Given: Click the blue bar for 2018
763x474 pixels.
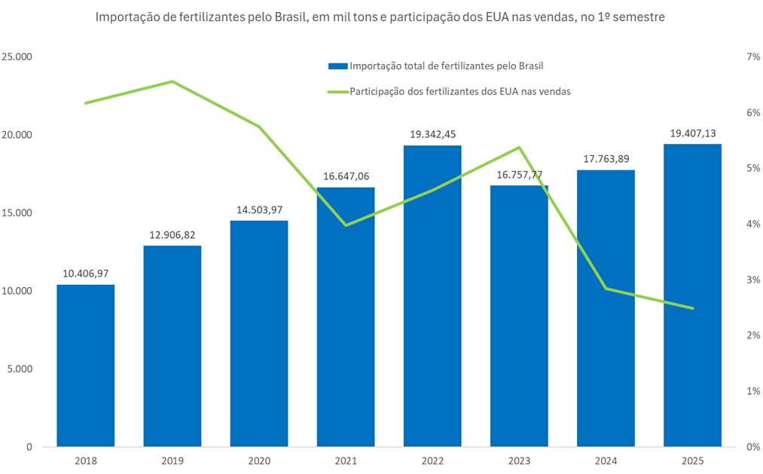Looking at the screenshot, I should coord(85,365).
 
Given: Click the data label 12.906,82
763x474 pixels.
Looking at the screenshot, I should coord(172,235).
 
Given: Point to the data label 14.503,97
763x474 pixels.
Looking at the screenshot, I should coord(258,210).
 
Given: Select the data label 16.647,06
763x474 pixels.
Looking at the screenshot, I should coord(345,176).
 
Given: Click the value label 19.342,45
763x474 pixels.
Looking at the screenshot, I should coord(432,135).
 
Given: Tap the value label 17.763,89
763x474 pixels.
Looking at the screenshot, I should coord(605,159).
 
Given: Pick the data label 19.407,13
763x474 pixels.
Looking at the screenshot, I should coord(691,134).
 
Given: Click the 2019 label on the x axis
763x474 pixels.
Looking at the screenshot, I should coord(172,460).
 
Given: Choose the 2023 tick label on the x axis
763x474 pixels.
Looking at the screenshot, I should coord(518,460).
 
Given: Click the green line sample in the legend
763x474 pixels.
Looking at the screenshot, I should coord(337,91).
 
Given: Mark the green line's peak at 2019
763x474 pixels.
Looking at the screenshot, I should coord(172,81).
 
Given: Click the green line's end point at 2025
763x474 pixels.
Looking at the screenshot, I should coord(691,308).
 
